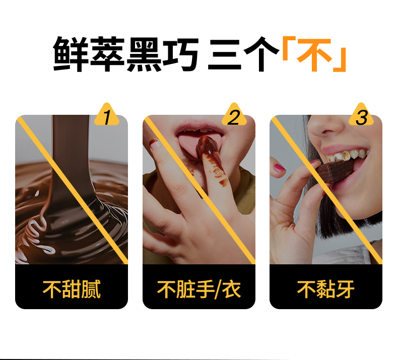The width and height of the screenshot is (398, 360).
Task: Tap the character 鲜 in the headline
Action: (x=71, y=54)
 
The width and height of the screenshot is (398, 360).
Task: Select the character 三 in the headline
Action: (x=225, y=54)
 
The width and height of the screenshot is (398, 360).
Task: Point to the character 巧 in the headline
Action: (x=180, y=54)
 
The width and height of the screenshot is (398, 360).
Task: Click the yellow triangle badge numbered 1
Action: (x=107, y=115)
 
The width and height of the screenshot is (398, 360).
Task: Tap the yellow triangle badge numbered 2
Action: (x=234, y=115)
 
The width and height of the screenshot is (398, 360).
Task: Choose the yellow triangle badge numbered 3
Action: (x=361, y=115)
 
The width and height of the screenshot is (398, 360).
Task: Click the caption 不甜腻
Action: (x=72, y=289)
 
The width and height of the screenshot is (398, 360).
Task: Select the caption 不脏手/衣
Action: (x=198, y=289)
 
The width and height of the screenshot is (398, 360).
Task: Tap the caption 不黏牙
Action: (x=325, y=289)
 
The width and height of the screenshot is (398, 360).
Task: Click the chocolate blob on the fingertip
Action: (x=207, y=146)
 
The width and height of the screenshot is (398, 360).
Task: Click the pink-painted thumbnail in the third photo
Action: (x=279, y=167)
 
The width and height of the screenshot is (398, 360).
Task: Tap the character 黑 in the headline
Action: (x=144, y=54)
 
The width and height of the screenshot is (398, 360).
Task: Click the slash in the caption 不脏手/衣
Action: (x=218, y=290)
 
